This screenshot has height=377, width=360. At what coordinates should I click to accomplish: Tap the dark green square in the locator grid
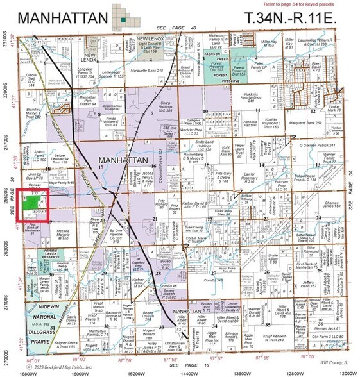[123, 21]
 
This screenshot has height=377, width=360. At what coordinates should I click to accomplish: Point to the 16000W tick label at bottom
[80, 371]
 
